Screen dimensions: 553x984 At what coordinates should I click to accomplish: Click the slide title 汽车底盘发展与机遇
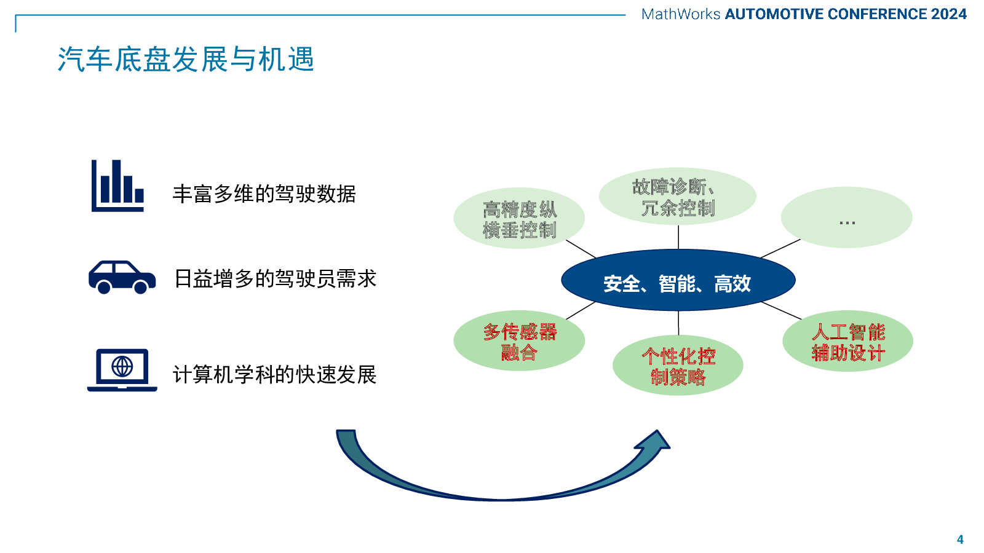tap(186, 60)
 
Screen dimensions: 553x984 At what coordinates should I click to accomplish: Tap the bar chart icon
tap(117, 186)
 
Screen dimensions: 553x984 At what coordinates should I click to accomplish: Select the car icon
tap(122, 277)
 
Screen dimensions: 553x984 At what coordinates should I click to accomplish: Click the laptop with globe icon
tap(122, 370)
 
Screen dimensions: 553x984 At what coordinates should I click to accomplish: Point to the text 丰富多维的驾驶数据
tap(264, 194)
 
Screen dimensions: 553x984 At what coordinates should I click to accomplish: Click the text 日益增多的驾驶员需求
tap(275, 279)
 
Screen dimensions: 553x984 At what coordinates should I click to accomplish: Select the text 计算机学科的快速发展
tap(274, 374)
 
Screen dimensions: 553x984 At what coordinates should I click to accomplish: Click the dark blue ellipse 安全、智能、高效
tap(678, 283)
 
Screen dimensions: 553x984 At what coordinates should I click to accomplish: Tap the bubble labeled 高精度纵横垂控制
tap(519, 219)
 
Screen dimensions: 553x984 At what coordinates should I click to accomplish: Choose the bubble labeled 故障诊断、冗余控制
tap(677, 197)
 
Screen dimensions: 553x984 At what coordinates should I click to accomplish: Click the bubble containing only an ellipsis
tap(846, 218)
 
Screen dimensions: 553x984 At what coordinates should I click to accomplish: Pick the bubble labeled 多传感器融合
tap(519, 341)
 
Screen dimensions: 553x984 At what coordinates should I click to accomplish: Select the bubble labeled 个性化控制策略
tap(678, 366)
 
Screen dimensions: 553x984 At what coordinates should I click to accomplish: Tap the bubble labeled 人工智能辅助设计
tap(847, 342)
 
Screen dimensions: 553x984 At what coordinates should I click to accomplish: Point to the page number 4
tap(960, 539)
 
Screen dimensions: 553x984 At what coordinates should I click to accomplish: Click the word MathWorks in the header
tap(680, 14)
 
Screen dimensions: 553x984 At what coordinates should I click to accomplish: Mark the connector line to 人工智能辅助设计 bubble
tap(781, 310)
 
